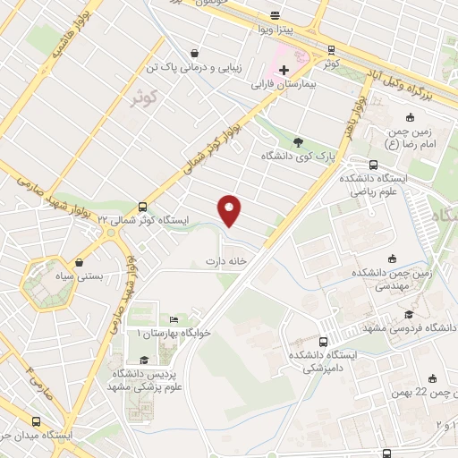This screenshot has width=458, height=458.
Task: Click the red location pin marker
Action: [x=230, y=209]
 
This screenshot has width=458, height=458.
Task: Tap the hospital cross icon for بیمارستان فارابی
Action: [x=284, y=70]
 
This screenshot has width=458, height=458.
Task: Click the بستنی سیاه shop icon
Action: [x=81, y=263]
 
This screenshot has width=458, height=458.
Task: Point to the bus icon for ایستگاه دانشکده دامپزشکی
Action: [x=323, y=341]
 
